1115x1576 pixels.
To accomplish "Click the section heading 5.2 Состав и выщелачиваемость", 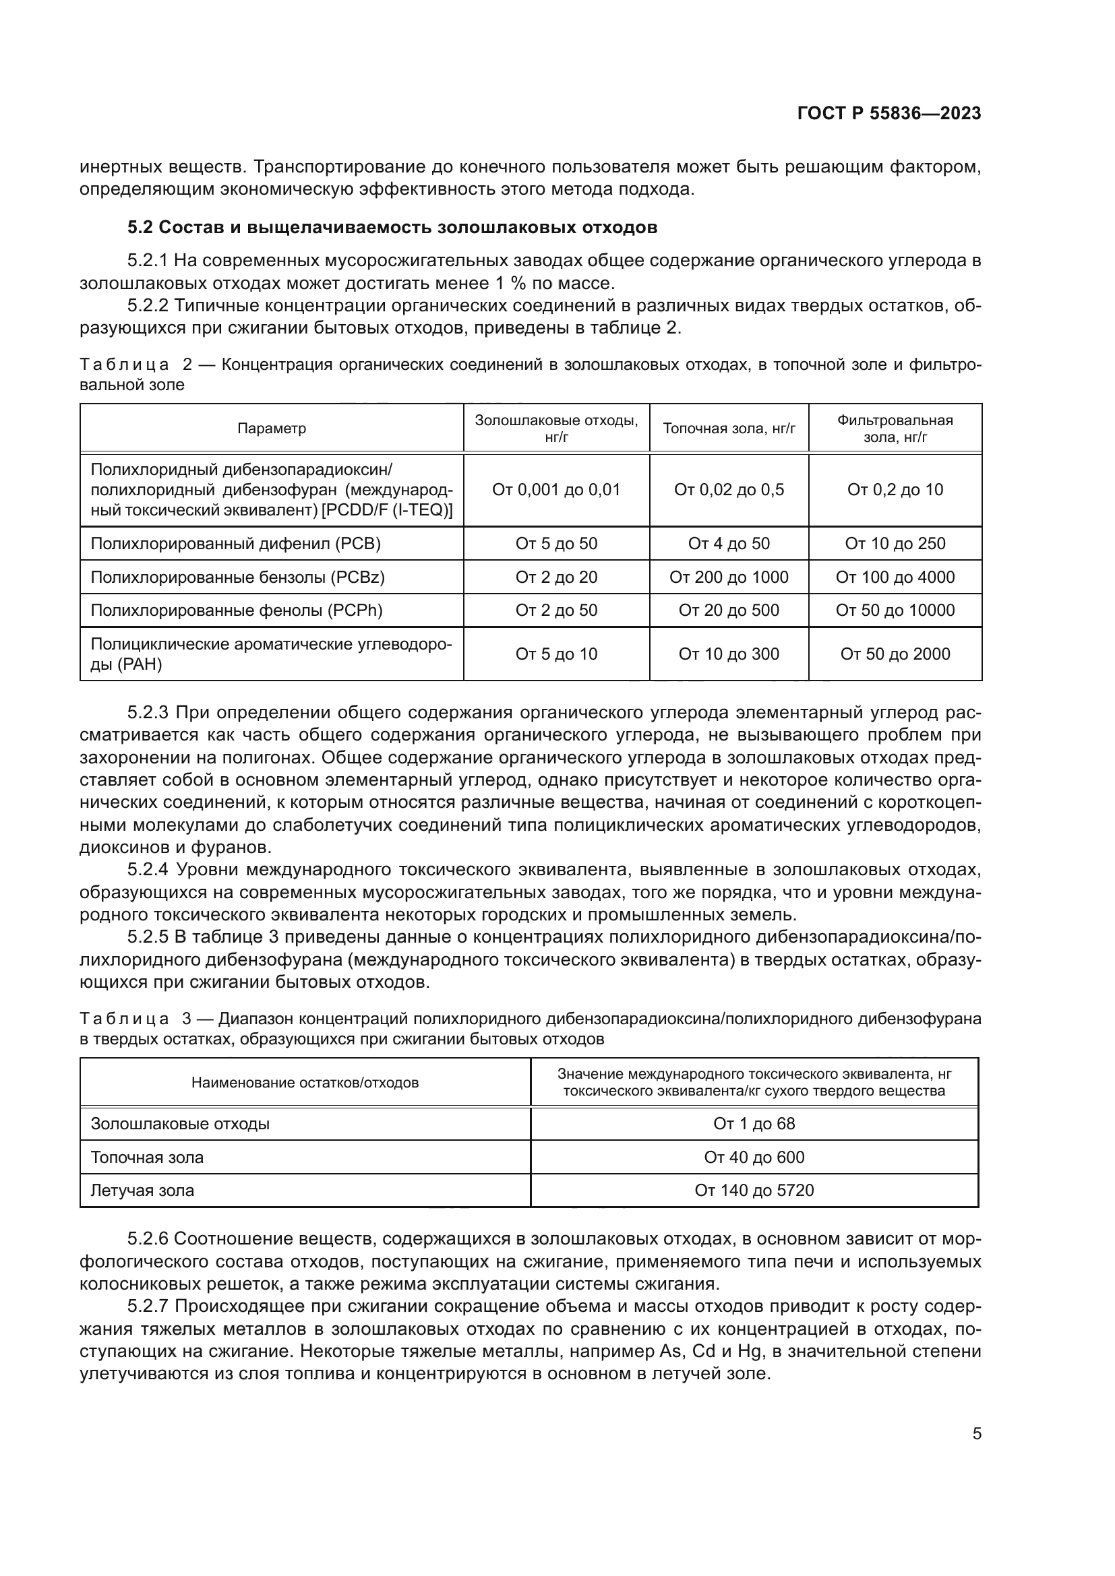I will click(x=392, y=227).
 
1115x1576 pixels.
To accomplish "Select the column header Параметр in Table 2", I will click(x=272, y=429).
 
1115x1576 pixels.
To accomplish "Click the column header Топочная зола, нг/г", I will click(x=729, y=429).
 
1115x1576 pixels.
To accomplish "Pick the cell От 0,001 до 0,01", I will click(x=556, y=489).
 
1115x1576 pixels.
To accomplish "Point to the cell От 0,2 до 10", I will click(x=895, y=489).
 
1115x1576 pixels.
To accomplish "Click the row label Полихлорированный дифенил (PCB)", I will click(x=235, y=544).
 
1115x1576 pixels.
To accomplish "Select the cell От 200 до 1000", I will click(x=729, y=577).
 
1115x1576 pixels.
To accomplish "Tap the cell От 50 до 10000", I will click(x=895, y=610).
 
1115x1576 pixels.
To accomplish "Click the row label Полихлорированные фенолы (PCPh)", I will click(x=236, y=610).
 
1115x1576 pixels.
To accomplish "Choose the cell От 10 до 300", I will click(x=729, y=654).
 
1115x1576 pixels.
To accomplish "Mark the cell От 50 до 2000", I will click(x=895, y=654).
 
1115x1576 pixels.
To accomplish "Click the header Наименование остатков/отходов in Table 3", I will click(x=305, y=1083).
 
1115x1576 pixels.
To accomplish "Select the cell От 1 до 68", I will click(x=754, y=1124).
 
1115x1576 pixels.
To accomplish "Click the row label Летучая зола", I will click(x=143, y=1190).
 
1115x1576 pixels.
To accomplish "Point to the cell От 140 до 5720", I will click(x=754, y=1190).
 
